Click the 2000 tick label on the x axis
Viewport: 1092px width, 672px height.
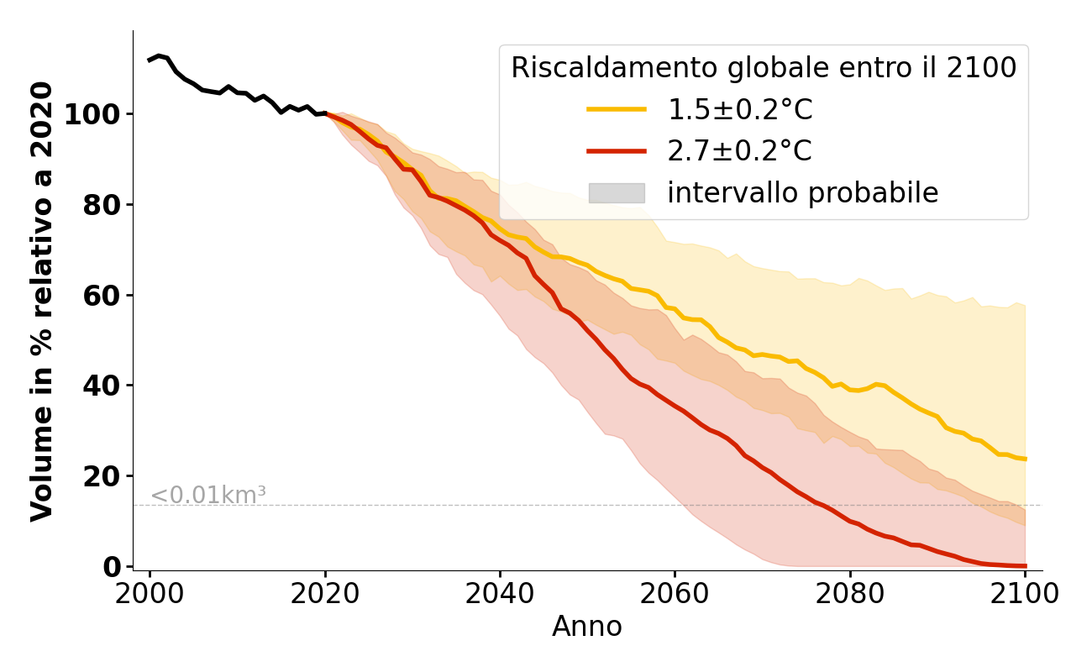(150, 594)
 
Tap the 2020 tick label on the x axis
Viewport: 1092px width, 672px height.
(325, 594)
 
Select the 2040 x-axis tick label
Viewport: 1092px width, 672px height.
(500, 594)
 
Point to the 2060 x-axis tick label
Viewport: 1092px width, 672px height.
(675, 594)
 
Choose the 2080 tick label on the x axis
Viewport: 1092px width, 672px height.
(850, 594)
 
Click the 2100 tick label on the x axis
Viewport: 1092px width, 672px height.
(1025, 594)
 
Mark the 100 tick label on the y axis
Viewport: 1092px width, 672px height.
(92, 114)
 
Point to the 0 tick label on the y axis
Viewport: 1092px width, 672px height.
(111, 567)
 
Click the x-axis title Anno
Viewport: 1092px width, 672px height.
(587, 627)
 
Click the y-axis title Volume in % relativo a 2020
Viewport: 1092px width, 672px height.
(42, 301)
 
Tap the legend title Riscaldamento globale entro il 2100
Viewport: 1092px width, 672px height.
(764, 68)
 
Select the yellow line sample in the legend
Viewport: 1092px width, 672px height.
(617, 109)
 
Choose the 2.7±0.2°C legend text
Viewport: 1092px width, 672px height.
(739, 151)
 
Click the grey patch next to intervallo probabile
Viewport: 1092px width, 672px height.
(617, 193)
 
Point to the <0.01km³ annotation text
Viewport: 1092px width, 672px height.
(208, 496)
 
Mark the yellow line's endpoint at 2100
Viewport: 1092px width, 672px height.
(1025, 459)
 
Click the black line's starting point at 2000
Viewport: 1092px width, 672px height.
(150, 60)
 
